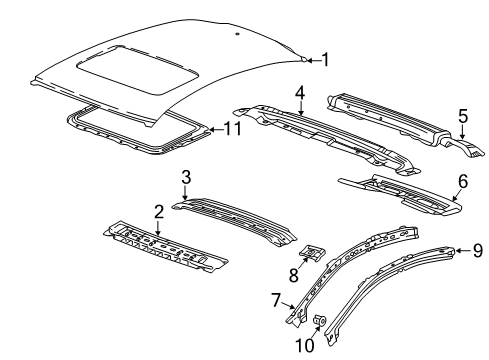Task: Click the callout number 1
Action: pyautogui.click(x=323, y=60)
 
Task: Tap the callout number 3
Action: pyautogui.click(x=185, y=178)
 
